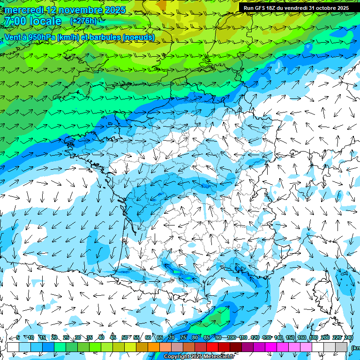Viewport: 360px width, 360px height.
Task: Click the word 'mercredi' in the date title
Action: tap(23, 10)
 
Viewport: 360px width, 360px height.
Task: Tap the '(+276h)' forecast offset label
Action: tap(83, 21)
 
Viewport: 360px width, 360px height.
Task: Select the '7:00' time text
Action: tap(15, 21)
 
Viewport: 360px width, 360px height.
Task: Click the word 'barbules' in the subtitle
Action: tap(103, 37)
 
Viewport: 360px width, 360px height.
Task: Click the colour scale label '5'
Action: tap(18, 337)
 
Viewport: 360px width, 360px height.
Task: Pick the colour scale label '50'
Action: tap(125, 337)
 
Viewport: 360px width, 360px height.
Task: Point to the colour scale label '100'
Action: tap(231, 337)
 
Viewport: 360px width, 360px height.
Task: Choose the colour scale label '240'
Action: tap(349, 337)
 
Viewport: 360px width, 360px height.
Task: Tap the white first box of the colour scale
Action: tap(13, 347)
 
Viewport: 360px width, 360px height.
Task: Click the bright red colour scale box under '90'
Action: tap(212, 347)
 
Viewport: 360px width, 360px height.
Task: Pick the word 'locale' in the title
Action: tap(46, 21)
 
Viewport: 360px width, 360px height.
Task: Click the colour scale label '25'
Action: tap(66, 337)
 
